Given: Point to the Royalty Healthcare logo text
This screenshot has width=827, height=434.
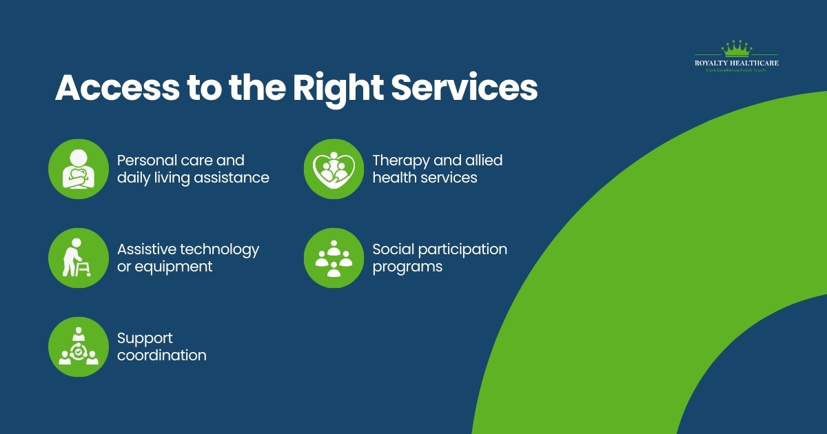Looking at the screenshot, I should pyautogui.click(x=736, y=63).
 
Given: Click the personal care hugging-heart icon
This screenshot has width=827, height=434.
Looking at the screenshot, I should pyautogui.click(x=79, y=169).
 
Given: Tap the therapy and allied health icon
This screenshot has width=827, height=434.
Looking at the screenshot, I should pyautogui.click(x=334, y=169).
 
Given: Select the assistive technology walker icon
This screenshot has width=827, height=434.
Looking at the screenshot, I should pyautogui.click(x=79, y=258).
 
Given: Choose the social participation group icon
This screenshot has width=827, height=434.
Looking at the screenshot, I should pyautogui.click(x=334, y=258).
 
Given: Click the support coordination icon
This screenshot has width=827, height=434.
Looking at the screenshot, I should pyautogui.click(x=79, y=347).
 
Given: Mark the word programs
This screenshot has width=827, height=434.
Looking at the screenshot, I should pyautogui.click(x=407, y=267).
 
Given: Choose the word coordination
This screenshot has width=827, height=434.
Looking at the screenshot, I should pyautogui.click(x=161, y=355).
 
